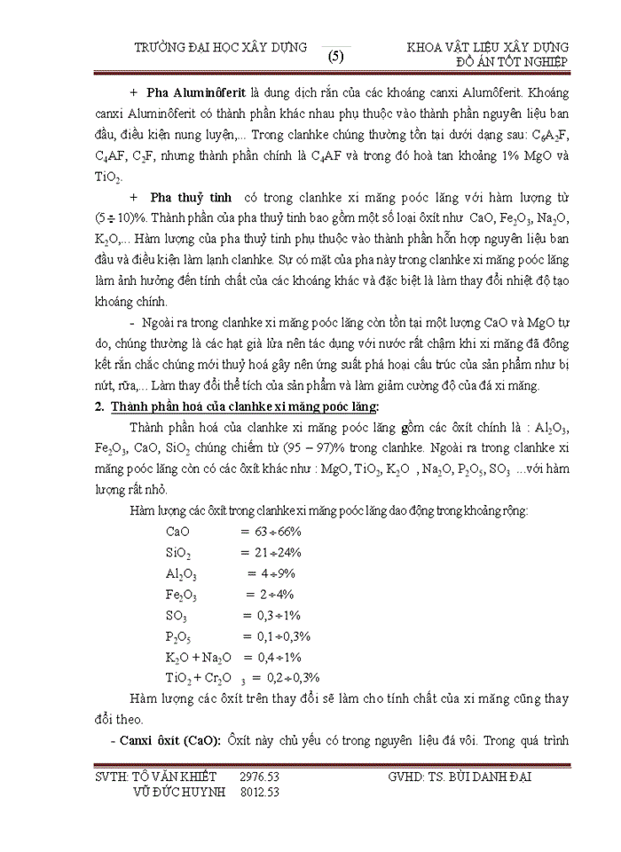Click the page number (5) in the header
335,57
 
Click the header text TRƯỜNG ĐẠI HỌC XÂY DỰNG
219,47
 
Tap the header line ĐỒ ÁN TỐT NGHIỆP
511,61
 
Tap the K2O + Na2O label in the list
198,658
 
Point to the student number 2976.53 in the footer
259,777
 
